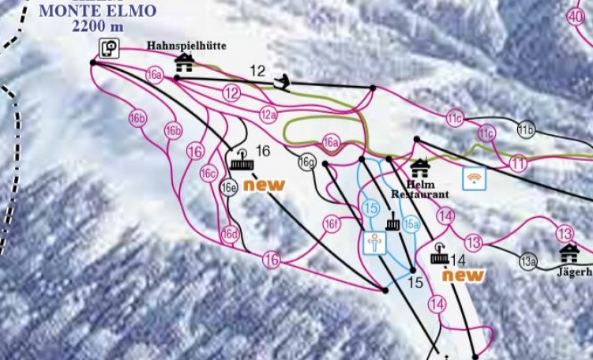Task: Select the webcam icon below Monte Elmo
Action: tap(109, 49)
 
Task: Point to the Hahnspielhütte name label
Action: tap(186, 47)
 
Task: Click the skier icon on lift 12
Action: tap(280, 81)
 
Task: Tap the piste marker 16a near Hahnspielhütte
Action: tap(155, 76)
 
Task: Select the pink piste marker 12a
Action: tap(269, 114)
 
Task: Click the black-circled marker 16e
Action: tap(229, 188)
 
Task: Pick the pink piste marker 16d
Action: tap(230, 234)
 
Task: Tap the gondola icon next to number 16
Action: tap(242, 161)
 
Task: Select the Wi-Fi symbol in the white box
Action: tap(474, 178)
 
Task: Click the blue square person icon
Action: tap(374, 243)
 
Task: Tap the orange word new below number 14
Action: tap(462, 276)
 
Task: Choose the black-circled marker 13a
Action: tap(527, 261)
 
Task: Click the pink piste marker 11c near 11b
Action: tap(486, 133)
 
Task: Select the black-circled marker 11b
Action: tap(527, 129)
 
